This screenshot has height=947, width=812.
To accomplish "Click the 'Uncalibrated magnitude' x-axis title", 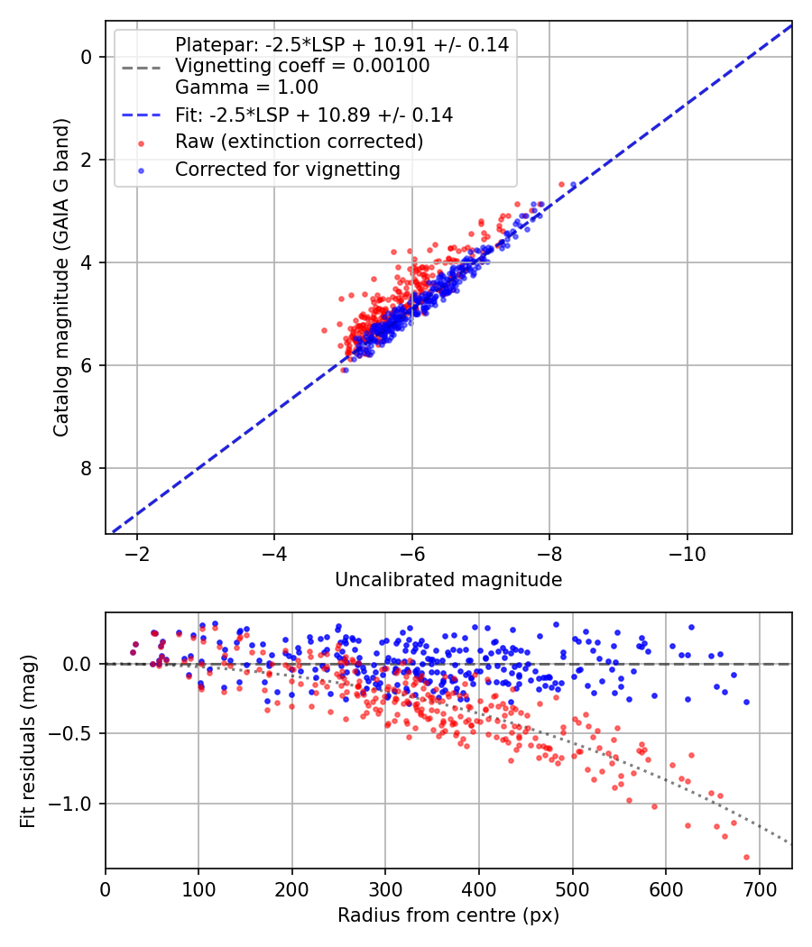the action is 448,580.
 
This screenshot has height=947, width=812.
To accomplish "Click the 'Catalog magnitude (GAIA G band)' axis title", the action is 61,277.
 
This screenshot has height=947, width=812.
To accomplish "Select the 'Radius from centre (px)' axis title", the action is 448,915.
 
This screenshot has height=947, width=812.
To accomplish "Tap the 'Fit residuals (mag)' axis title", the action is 28,740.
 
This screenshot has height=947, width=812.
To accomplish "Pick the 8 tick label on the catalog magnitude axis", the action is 87,468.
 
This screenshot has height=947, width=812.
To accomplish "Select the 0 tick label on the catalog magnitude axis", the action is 87,57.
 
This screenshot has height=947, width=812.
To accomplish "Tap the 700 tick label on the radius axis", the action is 759,889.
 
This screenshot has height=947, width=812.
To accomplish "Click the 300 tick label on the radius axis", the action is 385,889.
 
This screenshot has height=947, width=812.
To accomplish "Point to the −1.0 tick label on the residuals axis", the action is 72,804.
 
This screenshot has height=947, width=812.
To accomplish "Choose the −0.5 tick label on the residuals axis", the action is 72,734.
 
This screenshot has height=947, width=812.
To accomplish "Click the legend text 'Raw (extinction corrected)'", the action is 299,142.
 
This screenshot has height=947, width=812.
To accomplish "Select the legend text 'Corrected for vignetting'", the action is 288,170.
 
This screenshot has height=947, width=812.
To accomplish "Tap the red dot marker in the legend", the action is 142,143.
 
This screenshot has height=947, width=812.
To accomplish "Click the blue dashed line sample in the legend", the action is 142,115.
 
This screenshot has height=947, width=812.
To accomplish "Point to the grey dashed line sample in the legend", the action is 142,68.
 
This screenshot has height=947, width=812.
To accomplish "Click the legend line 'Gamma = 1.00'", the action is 246,87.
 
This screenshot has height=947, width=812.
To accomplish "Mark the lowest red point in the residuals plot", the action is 746,857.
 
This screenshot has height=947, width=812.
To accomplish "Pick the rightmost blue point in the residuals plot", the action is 746,702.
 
